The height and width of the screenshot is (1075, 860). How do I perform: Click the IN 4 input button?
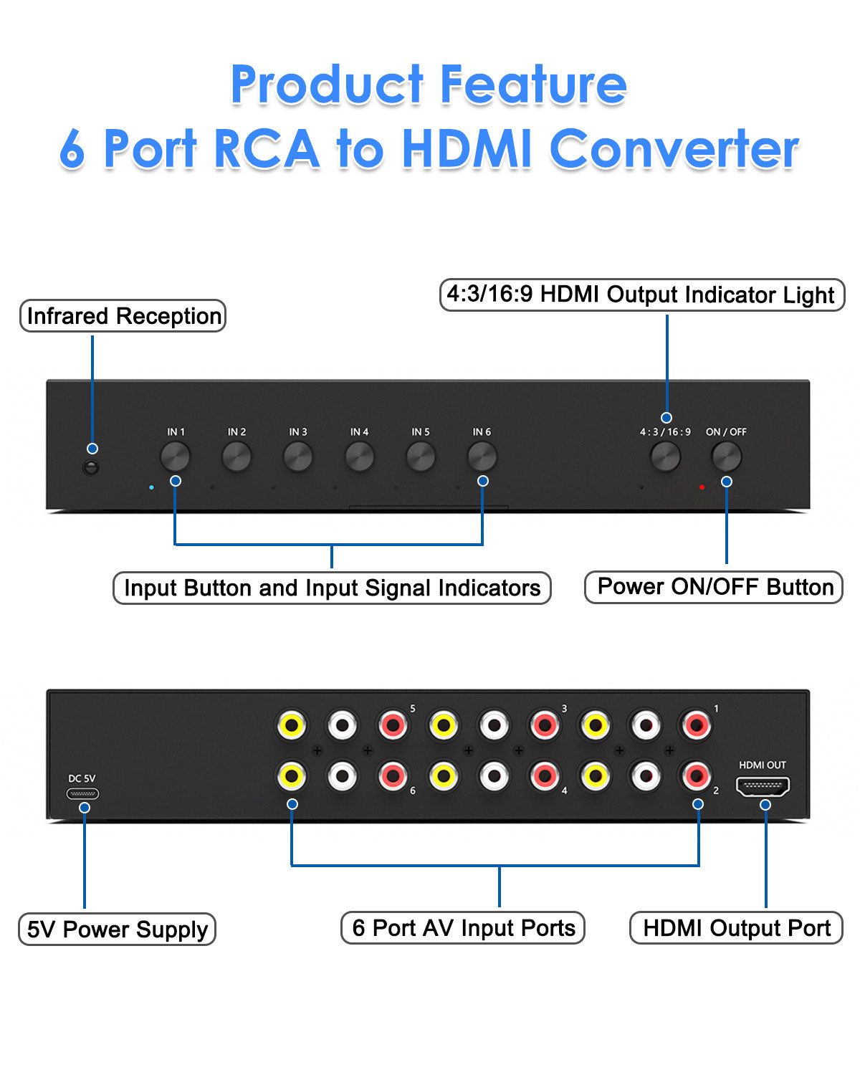(359, 457)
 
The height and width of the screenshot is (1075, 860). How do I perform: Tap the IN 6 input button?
(482, 456)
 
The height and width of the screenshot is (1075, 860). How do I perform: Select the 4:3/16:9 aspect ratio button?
(665, 457)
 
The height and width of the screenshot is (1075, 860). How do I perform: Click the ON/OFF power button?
(726, 457)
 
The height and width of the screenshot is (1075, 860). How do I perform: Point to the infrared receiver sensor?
(91, 467)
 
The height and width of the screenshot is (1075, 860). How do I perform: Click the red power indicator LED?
(702, 487)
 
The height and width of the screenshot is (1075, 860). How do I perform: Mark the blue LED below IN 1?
(151, 487)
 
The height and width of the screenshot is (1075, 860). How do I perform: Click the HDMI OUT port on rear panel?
(763, 787)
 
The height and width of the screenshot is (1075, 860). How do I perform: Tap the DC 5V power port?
(82, 793)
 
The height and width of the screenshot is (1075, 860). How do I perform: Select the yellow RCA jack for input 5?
(292, 725)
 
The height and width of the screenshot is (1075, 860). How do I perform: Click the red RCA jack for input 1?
(696, 725)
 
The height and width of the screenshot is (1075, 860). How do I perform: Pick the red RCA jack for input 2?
(696, 775)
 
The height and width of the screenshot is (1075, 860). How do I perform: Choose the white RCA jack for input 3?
(494, 725)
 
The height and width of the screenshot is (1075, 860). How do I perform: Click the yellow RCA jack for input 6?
(292, 775)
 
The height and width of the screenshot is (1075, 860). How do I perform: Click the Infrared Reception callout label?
(123, 316)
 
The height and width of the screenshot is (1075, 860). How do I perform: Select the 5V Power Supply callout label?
(117, 930)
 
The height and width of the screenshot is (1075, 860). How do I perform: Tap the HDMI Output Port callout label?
(736, 928)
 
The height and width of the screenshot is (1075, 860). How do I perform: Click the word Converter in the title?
(674, 149)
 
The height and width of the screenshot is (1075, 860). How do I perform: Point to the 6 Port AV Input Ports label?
(463, 928)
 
